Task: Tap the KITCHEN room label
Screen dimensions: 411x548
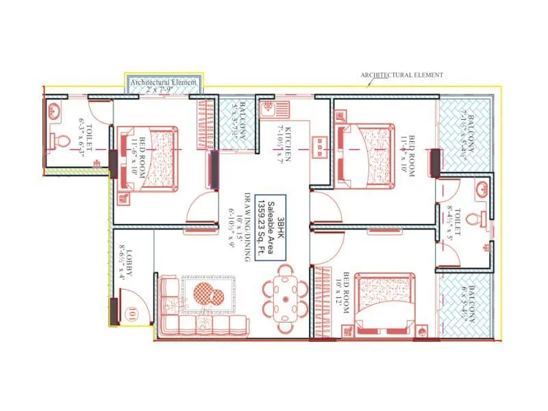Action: (x=286, y=145)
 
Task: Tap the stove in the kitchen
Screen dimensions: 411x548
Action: (x=320, y=145)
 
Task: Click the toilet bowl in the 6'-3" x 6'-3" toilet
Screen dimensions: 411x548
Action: (x=60, y=141)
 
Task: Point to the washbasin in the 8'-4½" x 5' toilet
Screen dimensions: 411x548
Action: (x=484, y=188)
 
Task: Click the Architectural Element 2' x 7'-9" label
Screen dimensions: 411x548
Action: (x=164, y=86)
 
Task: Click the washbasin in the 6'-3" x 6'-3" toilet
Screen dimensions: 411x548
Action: (x=54, y=110)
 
